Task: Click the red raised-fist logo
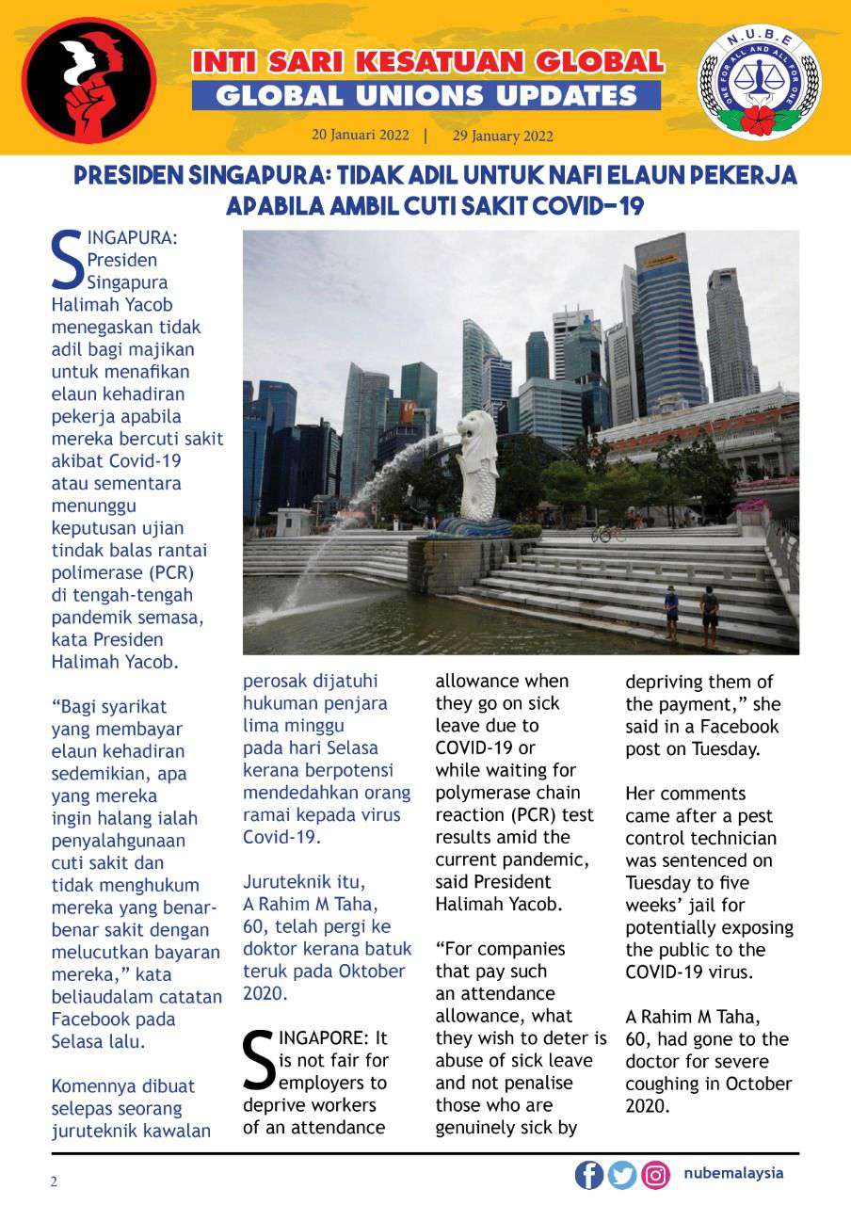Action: (x=89, y=81)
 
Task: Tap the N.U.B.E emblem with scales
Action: (x=759, y=83)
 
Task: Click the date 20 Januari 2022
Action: (x=361, y=135)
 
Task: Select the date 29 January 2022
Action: (x=503, y=136)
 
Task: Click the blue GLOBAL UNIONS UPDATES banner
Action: (x=426, y=95)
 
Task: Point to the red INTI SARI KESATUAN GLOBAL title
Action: (x=427, y=62)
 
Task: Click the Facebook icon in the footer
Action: (x=589, y=1175)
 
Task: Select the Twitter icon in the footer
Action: (x=622, y=1175)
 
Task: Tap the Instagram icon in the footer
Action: (x=655, y=1175)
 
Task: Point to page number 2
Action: (x=54, y=1181)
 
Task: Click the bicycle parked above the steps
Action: (x=607, y=534)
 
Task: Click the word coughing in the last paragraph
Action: (x=666, y=1084)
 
